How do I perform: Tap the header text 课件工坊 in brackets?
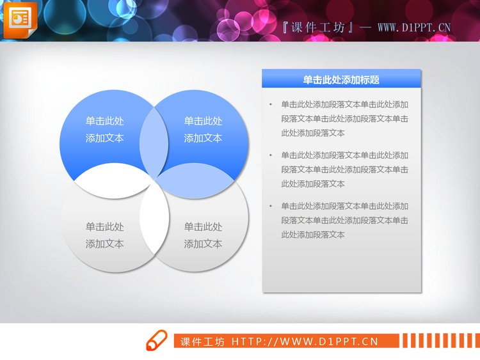click(319, 27)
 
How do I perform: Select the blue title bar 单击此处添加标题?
click(341, 79)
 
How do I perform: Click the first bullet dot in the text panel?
click(271, 104)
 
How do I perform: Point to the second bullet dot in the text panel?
click(271, 155)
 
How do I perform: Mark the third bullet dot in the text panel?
click(271, 207)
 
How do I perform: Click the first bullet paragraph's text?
click(344, 119)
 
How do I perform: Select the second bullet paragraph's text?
click(344, 169)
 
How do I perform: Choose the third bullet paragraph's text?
click(344, 221)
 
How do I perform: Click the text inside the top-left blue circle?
click(105, 129)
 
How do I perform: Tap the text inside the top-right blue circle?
click(203, 129)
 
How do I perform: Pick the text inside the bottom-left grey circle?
click(105, 235)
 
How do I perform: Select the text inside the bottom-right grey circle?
click(203, 235)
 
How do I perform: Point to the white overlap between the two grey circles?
click(154, 227)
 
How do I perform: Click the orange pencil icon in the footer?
click(156, 341)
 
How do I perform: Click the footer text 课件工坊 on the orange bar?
click(202, 341)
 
